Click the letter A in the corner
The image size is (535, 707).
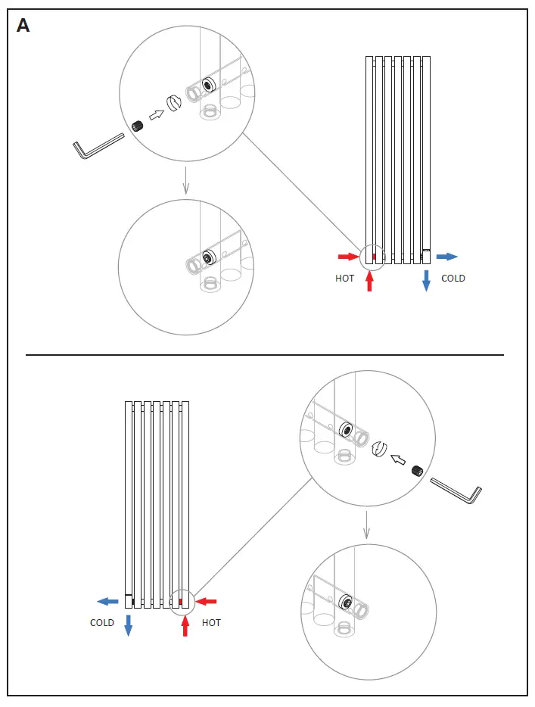click(x=23, y=26)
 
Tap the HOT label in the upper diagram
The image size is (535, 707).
click(x=344, y=279)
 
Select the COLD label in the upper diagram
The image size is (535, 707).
click(x=453, y=279)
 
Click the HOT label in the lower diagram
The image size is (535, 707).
click(x=212, y=623)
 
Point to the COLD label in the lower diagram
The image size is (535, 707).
click(x=102, y=623)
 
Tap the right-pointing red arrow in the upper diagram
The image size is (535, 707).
click(x=348, y=257)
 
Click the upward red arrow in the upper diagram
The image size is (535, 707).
click(x=369, y=281)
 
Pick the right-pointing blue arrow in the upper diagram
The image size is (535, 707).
click(x=447, y=257)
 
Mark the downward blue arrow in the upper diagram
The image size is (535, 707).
click(x=426, y=280)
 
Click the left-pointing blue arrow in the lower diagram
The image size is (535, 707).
click(x=107, y=602)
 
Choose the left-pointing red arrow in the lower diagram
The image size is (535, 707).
click(x=207, y=602)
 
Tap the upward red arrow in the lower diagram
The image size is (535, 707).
click(x=185, y=625)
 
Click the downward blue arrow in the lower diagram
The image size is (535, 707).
click(x=128, y=625)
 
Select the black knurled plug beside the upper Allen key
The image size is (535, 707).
click(x=138, y=126)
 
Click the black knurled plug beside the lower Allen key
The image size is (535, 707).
click(x=415, y=470)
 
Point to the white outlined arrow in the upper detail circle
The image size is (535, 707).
click(x=157, y=114)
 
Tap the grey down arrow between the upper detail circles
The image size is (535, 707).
click(x=185, y=181)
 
